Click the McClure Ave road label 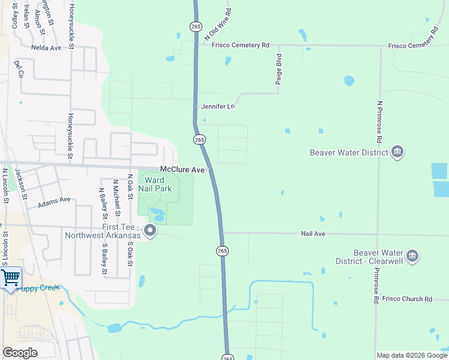coord(182,170)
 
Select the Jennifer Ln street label coord(217,106)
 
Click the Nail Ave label coord(313,233)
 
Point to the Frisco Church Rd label coord(407,299)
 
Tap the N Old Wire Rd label coord(217,24)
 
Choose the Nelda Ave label coord(46,47)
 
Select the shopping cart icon coord(11,278)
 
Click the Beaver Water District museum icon coord(397,152)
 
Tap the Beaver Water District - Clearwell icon coord(412,256)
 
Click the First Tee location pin coord(151,230)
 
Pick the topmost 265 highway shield coord(196,26)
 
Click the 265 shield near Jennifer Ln coord(200,139)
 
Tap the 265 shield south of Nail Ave coord(222,250)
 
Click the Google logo coord(20,353)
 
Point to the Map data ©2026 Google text coord(411,355)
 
